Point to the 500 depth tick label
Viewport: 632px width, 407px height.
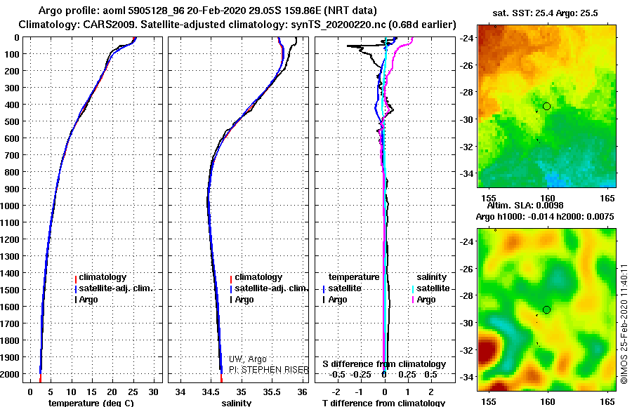coord(12,121)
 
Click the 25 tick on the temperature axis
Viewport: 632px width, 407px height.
coord(133,392)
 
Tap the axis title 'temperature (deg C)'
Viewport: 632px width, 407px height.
coord(91,403)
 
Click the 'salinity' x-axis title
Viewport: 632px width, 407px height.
coord(236,403)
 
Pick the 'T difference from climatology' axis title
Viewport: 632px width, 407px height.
coord(383,403)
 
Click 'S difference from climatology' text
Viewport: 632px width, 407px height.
coord(384,364)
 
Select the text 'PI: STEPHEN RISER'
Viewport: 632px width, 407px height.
coord(269,370)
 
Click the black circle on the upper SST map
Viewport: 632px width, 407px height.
coord(546,107)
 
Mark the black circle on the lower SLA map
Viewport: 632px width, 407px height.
coord(546,310)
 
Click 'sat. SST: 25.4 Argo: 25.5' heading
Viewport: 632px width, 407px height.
coord(545,13)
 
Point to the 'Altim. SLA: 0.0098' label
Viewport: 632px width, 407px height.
coord(525,206)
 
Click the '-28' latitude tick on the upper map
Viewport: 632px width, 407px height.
coord(466,93)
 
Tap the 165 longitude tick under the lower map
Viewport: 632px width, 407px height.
coord(607,401)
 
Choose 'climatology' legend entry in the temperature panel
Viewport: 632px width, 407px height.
coord(100,277)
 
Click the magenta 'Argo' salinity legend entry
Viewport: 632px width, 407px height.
coord(423,300)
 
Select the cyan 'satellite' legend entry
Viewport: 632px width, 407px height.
coord(430,288)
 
